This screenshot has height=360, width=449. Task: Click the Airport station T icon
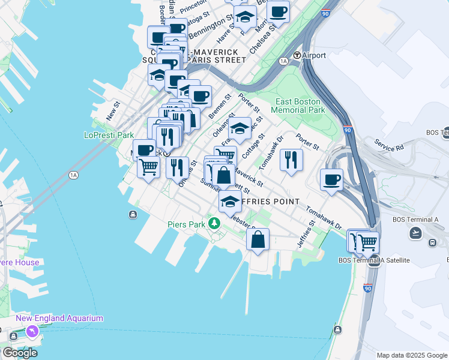(297, 56)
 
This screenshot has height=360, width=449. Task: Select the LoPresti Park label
(109, 135)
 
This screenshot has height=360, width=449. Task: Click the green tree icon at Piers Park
(214, 224)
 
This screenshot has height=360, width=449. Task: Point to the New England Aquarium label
(59, 319)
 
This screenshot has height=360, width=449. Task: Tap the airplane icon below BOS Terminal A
(416, 232)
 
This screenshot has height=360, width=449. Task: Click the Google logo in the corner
(19, 353)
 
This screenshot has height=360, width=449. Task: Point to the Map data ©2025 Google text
(411, 355)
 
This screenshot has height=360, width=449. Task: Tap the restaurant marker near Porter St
(291, 160)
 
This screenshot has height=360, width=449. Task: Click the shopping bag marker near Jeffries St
(258, 239)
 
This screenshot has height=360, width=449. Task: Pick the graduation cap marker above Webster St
(229, 202)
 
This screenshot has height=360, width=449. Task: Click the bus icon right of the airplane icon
(432, 242)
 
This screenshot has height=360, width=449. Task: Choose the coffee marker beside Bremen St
(200, 96)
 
